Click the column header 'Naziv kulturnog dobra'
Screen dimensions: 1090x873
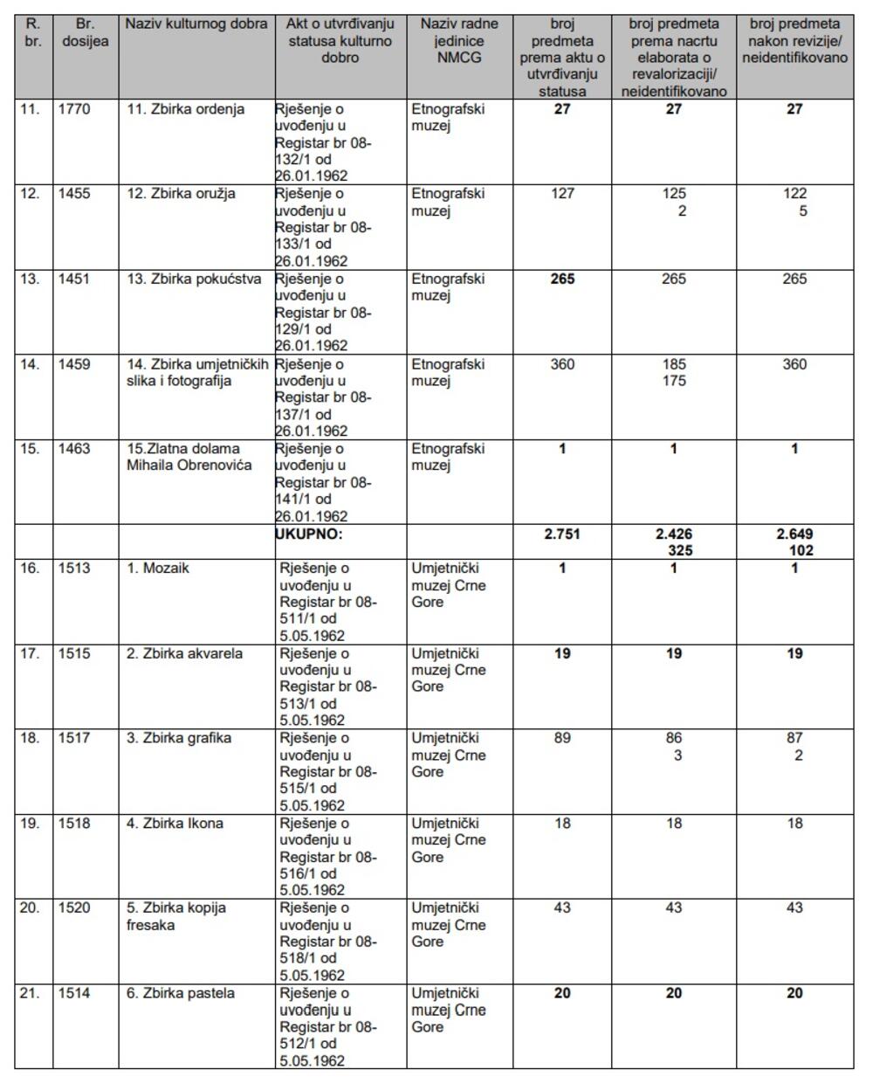point(196,24)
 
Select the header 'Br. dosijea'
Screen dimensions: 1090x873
point(86,32)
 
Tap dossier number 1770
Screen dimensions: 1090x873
point(74,110)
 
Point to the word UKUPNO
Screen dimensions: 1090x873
point(309,535)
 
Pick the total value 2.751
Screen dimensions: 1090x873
point(562,535)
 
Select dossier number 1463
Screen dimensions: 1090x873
point(74,449)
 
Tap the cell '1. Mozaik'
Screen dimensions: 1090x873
point(157,569)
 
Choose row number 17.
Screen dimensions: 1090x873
point(30,654)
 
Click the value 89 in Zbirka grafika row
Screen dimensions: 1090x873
point(562,739)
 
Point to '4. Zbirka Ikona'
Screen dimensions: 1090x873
point(175,824)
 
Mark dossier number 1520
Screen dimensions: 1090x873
point(74,908)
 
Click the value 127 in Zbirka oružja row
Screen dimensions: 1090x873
point(562,194)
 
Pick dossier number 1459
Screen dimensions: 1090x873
point(74,364)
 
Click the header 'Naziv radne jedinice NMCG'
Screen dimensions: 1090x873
point(459,40)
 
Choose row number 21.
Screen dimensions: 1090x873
point(30,994)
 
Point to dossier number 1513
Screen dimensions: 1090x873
point(74,569)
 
